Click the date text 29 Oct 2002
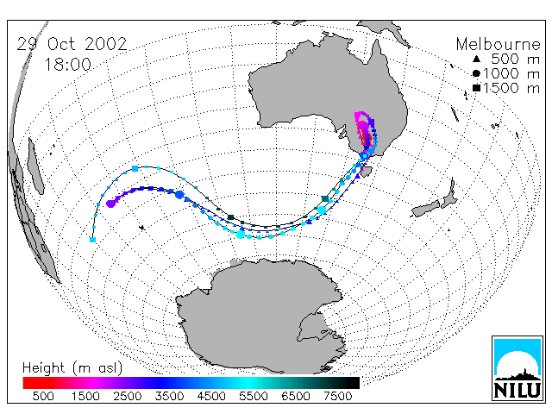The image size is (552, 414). (x=72, y=44)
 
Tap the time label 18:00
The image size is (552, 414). (x=67, y=65)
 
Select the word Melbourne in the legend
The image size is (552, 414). (x=499, y=44)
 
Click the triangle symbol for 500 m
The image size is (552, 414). (x=476, y=59)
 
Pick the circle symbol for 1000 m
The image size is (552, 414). (x=476, y=73)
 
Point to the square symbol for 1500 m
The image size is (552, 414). (x=476, y=88)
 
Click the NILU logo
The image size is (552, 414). (x=517, y=368)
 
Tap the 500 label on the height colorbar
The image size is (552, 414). (x=43, y=397)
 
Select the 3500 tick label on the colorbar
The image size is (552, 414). (x=169, y=397)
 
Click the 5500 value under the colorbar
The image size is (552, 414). (x=254, y=397)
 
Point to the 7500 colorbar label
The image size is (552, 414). (x=337, y=397)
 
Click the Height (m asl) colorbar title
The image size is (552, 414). (x=72, y=368)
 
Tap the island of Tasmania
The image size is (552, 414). (x=366, y=172)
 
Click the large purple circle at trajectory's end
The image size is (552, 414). (x=111, y=204)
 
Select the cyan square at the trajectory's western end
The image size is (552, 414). (x=92, y=240)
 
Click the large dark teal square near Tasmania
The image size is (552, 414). (x=325, y=199)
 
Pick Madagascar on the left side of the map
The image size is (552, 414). (x=35, y=166)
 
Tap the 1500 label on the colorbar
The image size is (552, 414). (x=85, y=397)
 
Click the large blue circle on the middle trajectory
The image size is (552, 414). (x=179, y=195)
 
